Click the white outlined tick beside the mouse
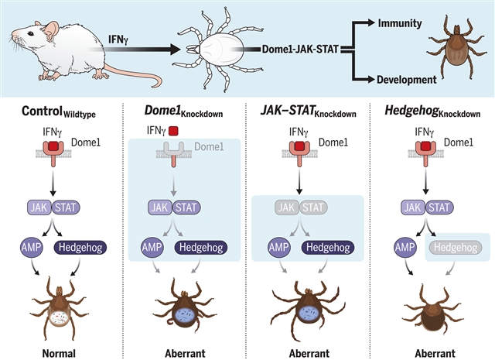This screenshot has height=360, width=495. (216, 53)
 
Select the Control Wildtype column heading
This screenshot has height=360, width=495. (59, 113)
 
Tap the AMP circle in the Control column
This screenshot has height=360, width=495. (35, 248)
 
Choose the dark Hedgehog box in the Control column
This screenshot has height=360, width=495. (82, 248)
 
